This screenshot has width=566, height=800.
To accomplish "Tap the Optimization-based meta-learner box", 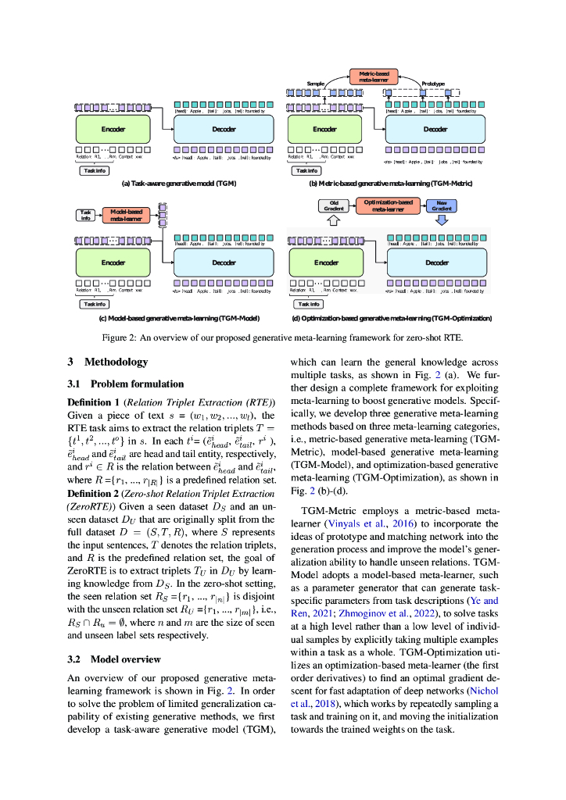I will [x=389, y=206].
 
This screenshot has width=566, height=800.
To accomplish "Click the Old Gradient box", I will [x=334, y=206].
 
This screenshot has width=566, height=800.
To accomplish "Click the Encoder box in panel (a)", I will [x=114, y=129].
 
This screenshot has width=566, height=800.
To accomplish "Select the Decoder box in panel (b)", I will [x=435, y=129].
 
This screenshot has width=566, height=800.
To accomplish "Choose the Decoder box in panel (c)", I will [x=224, y=262].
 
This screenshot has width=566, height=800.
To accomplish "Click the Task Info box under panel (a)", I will [x=95, y=170].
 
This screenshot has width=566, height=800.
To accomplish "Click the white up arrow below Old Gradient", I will [x=334, y=221].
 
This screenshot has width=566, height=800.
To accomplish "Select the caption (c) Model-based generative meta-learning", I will [x=179, y=319].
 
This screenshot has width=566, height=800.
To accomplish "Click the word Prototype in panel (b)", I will [x=432, y=84].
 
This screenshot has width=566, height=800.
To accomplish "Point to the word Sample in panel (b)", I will [x=315, y=84].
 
